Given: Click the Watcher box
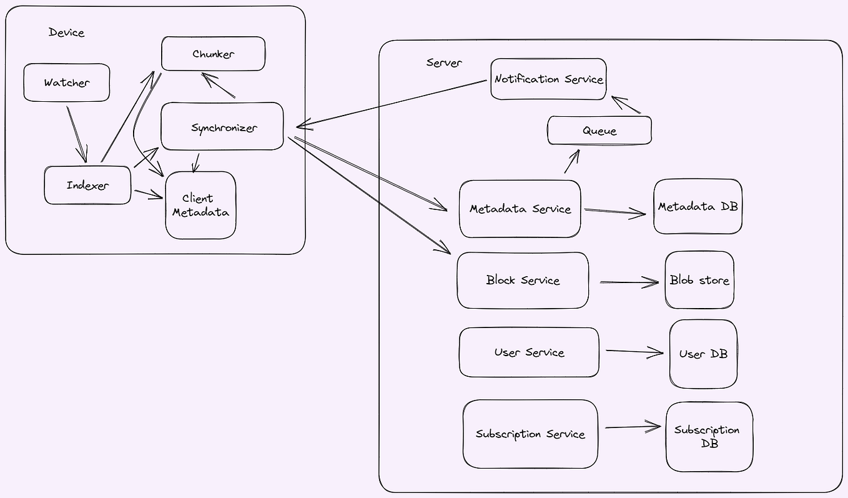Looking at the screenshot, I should [x=67, y=82].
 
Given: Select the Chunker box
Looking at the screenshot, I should [x=213, y=54].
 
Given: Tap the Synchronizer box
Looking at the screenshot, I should [x=222, y=127].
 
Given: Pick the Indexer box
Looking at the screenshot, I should [x=87, y=185].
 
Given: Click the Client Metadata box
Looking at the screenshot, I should [x=200, y=206].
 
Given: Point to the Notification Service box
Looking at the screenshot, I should [x=548, y=79].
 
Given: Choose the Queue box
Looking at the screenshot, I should [x=599, y=131].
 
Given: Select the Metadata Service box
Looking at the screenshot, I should [x=520, y=209].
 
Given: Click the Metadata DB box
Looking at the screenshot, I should [x=698, y=207].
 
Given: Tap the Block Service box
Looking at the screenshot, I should [x=523, y=281].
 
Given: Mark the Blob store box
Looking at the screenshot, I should [x=699, y=281].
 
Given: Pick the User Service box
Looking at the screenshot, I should [x=529, y=352].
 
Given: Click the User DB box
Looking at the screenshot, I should [x=703, y=354].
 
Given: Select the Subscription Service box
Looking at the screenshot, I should [x=530, y=434].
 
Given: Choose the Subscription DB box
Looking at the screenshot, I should [x=709, y=437].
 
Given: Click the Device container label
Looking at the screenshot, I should [x=66, y=32].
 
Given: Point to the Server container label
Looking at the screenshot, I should [x=444, y=62].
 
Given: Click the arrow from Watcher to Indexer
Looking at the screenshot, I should [x=77, y=134].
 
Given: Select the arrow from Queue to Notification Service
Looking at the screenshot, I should [x=626, y=105].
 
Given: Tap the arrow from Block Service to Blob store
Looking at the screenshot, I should [x=629, y=282].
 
